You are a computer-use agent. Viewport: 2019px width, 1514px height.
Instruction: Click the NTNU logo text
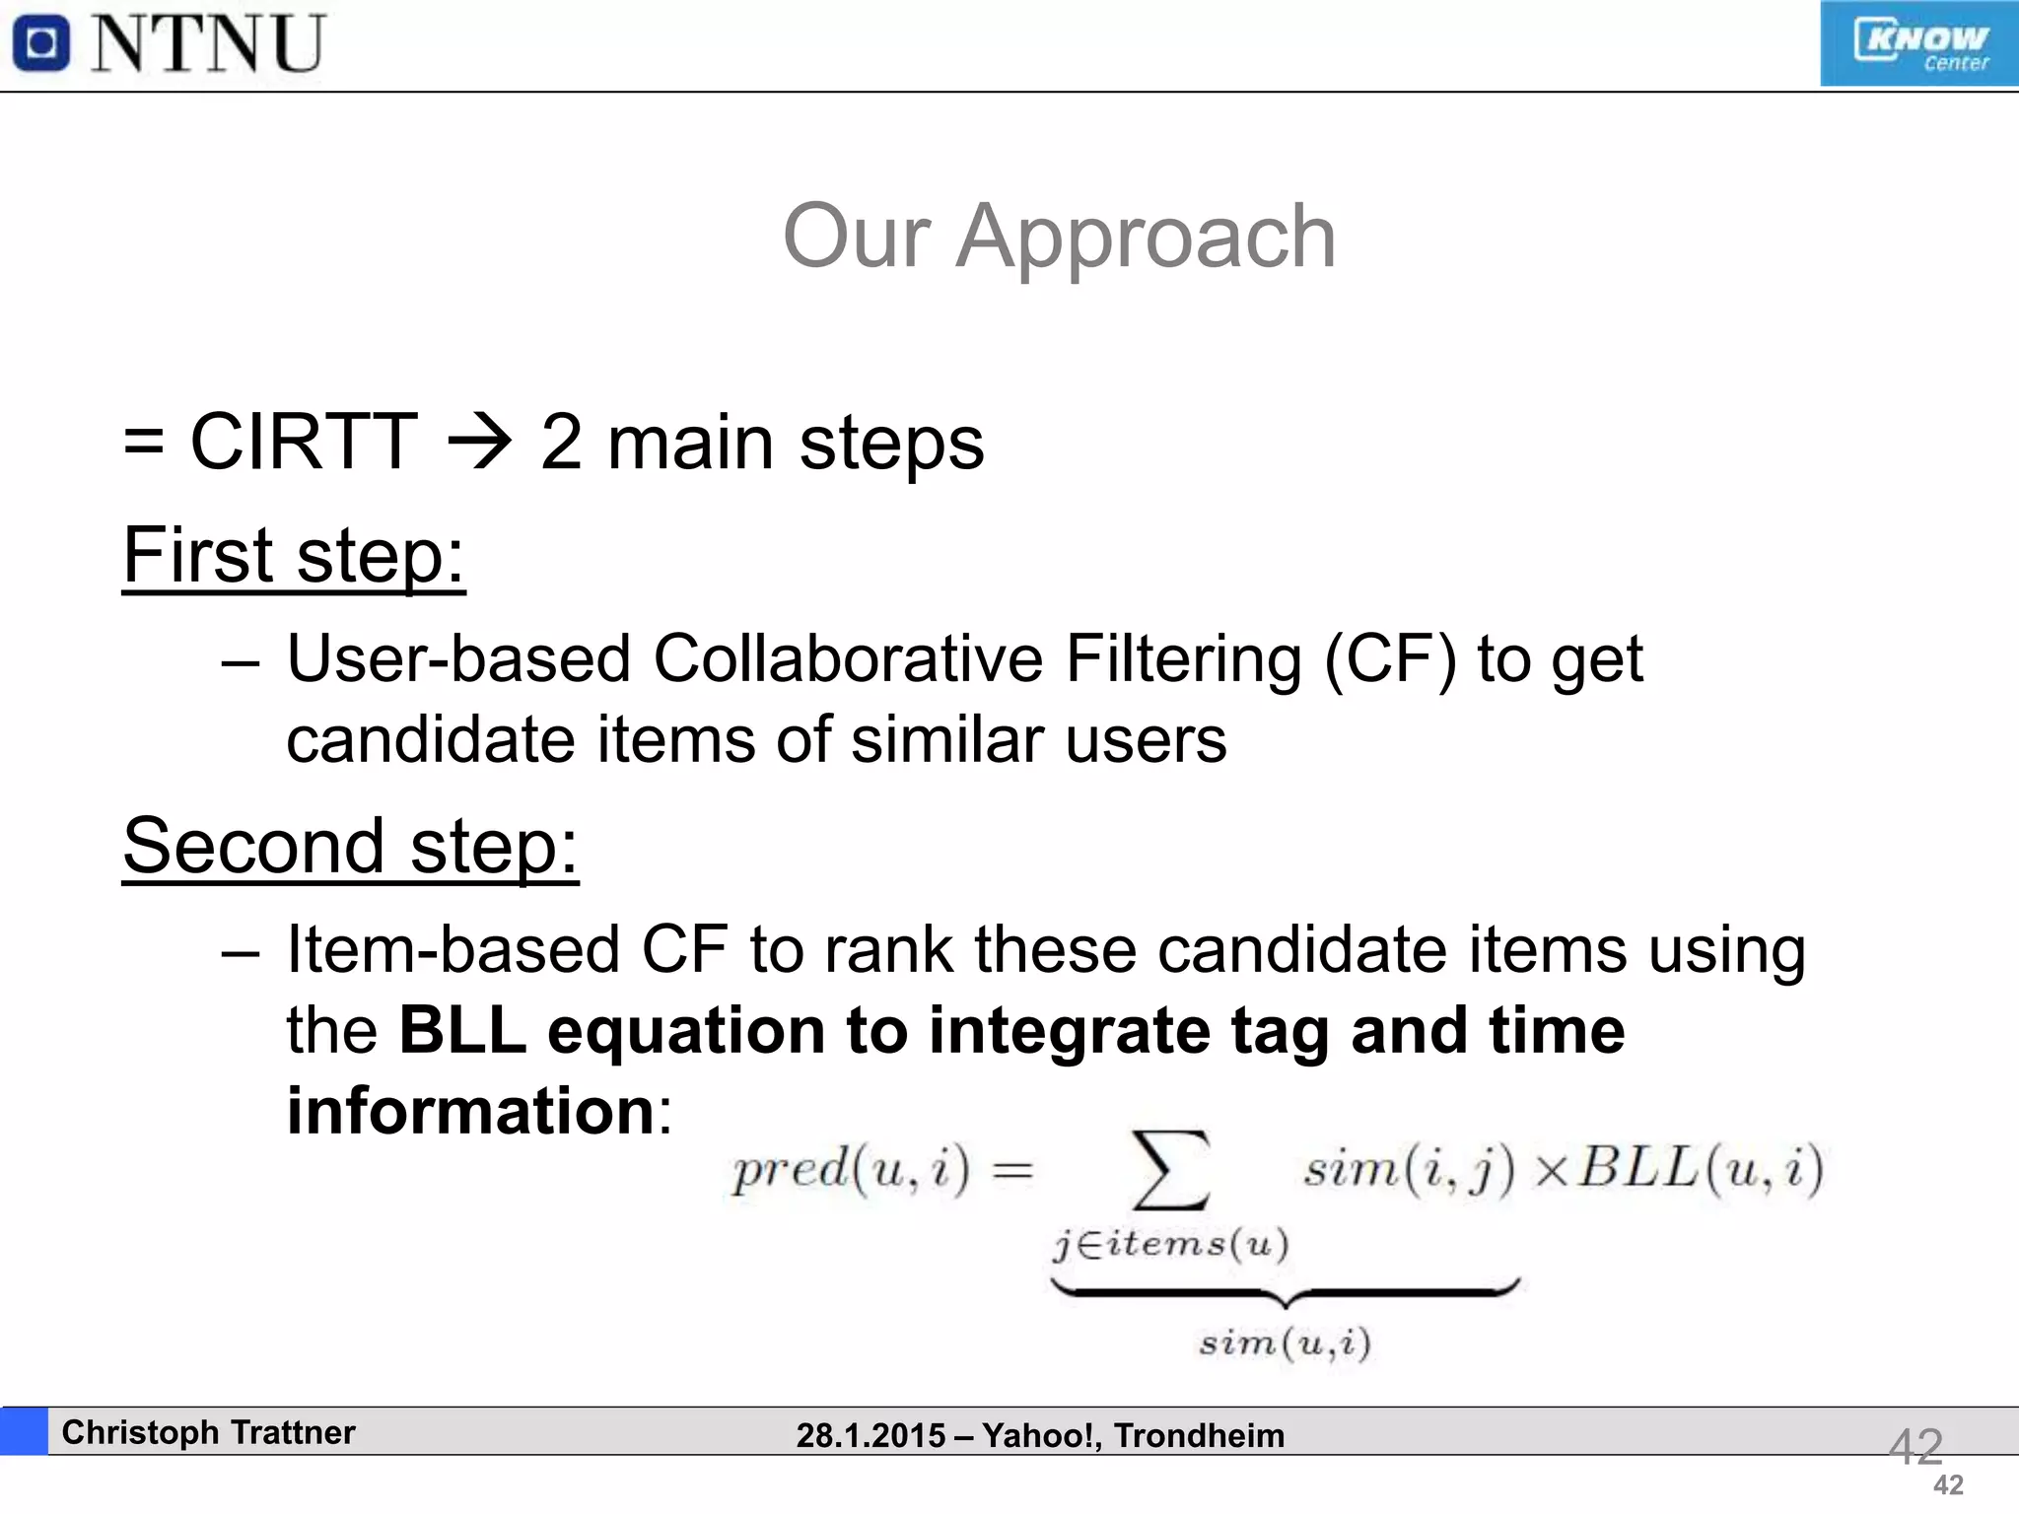(208, 44)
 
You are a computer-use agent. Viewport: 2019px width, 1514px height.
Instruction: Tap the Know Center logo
(1917, 44)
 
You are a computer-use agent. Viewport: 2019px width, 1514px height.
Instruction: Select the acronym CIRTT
(303, 443)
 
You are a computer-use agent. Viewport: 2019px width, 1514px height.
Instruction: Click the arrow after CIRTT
(480, 443)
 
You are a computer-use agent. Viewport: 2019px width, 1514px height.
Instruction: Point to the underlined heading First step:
(293, 556)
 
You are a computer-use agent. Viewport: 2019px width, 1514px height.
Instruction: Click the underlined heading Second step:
(350, 847)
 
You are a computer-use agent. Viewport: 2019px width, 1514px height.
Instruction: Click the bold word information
(470, 1111)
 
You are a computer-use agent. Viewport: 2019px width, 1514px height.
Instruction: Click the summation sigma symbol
(1170, 1170)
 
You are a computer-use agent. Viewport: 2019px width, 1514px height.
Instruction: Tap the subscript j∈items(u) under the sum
(1170, 1245)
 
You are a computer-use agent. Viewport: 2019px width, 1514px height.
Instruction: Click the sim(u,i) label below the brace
(1285, 1342)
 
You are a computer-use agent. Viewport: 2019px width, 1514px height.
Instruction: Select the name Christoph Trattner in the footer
(208, 1432)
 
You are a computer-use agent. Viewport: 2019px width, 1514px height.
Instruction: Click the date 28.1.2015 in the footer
(870, 1436)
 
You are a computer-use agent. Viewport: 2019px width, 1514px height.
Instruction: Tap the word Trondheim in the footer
(1199, 1436)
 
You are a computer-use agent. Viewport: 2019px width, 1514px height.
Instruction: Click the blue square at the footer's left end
(24, 1431)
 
